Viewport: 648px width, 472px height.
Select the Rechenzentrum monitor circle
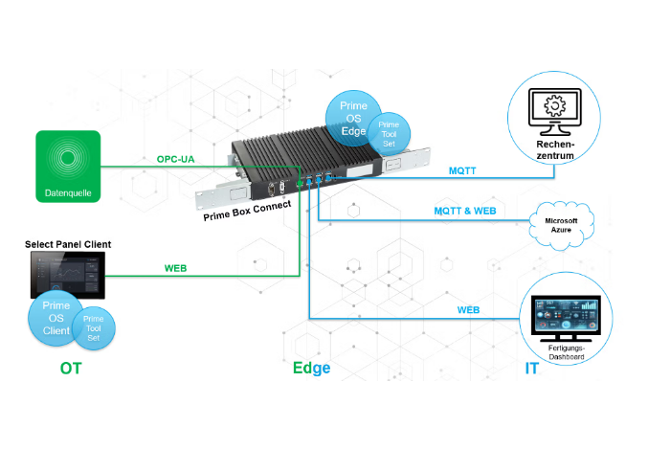pyautogui.click(x=552, y=118)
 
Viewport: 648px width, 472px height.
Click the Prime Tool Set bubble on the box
pyautogui.click(x=390, y=135)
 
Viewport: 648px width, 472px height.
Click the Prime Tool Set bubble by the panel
pyautogui.click(x=93, y=326)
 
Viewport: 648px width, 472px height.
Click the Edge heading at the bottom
pyautogui.click(x=311, y=368)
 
